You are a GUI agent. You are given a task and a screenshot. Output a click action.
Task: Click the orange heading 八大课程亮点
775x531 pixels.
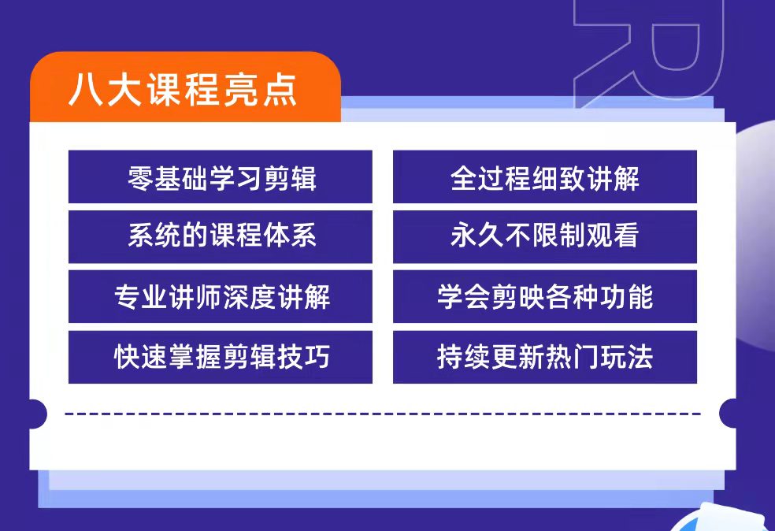[183, 90]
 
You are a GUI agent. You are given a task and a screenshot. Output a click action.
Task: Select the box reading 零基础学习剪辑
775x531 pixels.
[220, 176]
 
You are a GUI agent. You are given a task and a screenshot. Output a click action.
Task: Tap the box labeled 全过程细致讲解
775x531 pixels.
[545, 176]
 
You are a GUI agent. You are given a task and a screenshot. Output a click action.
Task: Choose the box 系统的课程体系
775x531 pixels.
[220, 237]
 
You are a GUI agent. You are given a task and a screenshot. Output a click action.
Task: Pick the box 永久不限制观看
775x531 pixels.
[545, 237]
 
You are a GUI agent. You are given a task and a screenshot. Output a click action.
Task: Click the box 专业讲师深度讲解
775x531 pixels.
[220, 297]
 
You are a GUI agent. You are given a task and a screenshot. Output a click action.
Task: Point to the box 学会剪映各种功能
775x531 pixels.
[545, 297]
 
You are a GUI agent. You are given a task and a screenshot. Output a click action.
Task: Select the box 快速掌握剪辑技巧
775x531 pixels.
[220, 357]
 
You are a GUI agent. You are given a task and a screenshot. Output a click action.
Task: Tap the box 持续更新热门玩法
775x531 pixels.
[545, 357]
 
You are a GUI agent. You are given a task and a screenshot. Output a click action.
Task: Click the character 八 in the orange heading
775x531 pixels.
[86, 90]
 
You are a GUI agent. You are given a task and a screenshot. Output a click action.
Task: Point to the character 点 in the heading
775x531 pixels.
[280, 90]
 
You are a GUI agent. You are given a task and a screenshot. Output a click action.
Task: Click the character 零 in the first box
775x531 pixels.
[140, 178]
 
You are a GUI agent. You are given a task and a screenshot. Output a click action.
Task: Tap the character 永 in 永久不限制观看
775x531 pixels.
[463, 235]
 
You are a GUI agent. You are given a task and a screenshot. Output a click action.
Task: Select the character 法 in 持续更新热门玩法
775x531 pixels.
[640, 356]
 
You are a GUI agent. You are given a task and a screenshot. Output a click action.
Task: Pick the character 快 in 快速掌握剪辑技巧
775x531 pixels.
[127, 356]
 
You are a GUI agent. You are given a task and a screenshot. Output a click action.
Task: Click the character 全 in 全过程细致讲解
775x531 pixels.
[463, 178]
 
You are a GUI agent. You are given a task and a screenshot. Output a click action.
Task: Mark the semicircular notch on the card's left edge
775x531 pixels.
[38, 414]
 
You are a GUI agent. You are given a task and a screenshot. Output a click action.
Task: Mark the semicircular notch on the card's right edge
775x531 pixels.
[728, 414]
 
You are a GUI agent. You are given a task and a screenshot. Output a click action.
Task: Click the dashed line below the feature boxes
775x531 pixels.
[383, 414]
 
